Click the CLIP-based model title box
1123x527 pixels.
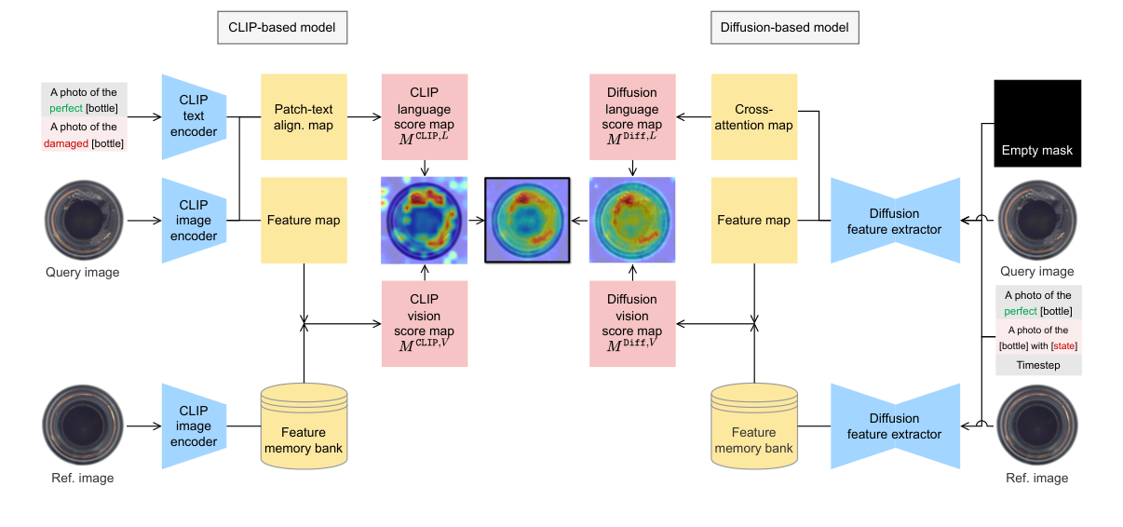[282, 28]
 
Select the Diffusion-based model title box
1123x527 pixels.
[784, 28]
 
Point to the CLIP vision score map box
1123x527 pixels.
[424, 323]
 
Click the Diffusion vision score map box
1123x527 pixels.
[632, 323]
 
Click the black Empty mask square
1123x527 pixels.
[1037, 123]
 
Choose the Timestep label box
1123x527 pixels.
[1037, 365]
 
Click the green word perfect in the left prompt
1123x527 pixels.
[66, 109]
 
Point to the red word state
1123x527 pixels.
[1065, 346]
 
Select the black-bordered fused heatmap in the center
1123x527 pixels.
[527, 220]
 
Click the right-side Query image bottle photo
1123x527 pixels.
[1036, 221]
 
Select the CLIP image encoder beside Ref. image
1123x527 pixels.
[194, 426]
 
